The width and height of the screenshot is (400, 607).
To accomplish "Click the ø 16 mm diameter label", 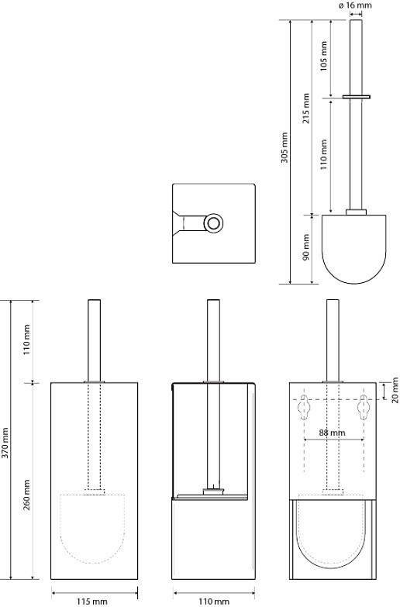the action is (355, 5).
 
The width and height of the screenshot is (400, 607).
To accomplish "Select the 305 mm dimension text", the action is (285, 147).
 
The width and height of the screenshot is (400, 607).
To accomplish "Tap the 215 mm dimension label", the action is (306, 109).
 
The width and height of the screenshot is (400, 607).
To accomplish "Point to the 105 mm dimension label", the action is (324, 56).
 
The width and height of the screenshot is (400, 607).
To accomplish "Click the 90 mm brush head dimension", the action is (306, 247).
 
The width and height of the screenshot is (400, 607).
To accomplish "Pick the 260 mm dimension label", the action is (26, 495).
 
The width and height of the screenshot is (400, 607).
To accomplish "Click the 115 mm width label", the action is (92, 602).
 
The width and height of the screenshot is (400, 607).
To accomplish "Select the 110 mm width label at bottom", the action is (214, 602).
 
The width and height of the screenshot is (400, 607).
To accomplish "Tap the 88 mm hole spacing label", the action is (333, 433).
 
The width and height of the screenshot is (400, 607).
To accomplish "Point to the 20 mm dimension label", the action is (395, 390).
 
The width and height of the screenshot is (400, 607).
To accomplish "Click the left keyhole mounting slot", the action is (304, 407).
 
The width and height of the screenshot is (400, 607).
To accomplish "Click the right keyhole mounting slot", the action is (364, 407).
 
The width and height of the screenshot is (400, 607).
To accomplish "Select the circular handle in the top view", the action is (213, 223).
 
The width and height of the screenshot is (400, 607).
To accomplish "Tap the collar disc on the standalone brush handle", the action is (357, 96).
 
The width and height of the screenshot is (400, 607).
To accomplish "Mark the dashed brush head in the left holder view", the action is (92, 529).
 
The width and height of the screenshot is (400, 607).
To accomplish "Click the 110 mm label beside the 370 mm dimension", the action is (26, 341).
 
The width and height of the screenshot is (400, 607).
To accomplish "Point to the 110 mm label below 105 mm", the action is (324, 154).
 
